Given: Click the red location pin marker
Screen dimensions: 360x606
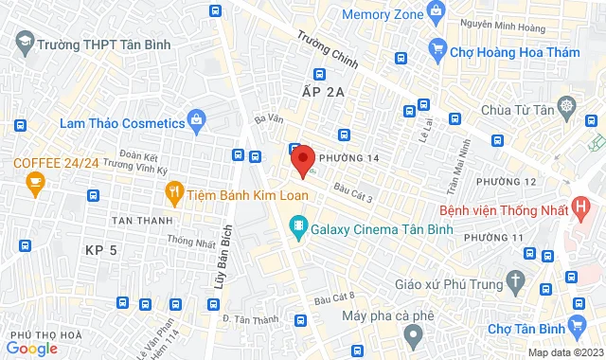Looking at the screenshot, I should click(302, 159).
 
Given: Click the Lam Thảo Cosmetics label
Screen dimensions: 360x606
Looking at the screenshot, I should click(121, 123).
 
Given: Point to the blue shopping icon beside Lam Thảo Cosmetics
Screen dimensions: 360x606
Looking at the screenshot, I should click(196, 120).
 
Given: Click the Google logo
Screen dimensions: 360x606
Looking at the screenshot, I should click(32, 349).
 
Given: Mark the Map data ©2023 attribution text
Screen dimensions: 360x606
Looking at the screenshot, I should click(564, 352).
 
